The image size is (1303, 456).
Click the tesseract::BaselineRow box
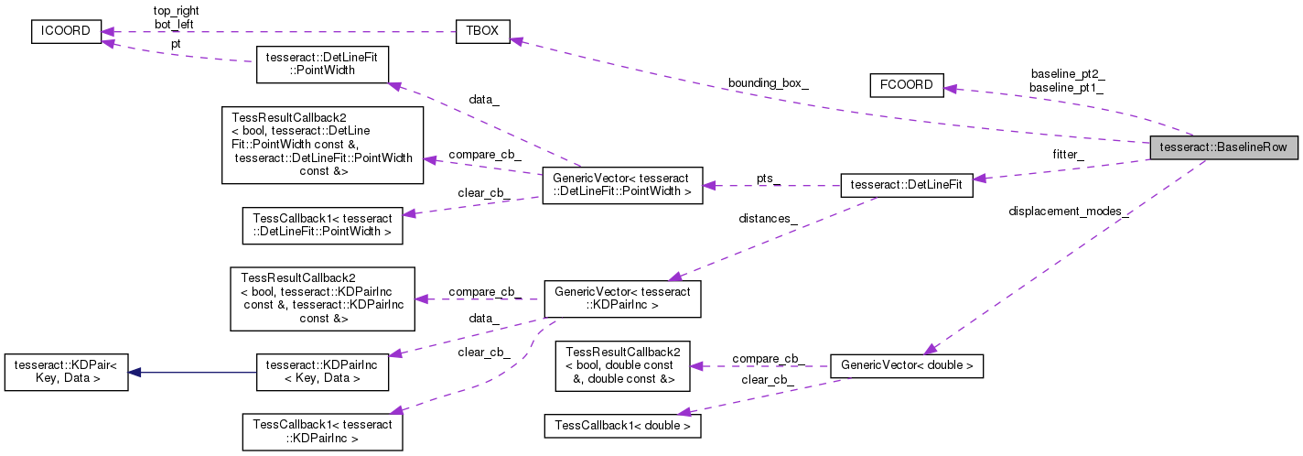pos(1223,147)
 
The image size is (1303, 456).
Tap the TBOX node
pos(482,31)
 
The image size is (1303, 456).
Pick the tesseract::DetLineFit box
pos(906,184)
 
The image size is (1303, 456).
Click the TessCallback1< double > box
pos(622,425)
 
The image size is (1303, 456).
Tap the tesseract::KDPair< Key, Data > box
pos(66,373)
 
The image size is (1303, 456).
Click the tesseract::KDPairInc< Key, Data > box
pos(323,373)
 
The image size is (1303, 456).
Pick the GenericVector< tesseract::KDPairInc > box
pos(622,299)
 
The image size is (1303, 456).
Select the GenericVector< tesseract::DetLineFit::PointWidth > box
pos(622,185)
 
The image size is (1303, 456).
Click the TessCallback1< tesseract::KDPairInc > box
pos(323,431)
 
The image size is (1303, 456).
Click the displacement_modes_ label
pos(1068,212)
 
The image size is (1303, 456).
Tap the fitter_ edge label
pos(1068,155)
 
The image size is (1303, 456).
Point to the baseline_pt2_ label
pos(1067,73)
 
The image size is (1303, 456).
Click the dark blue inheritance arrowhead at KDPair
pos(135,373)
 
